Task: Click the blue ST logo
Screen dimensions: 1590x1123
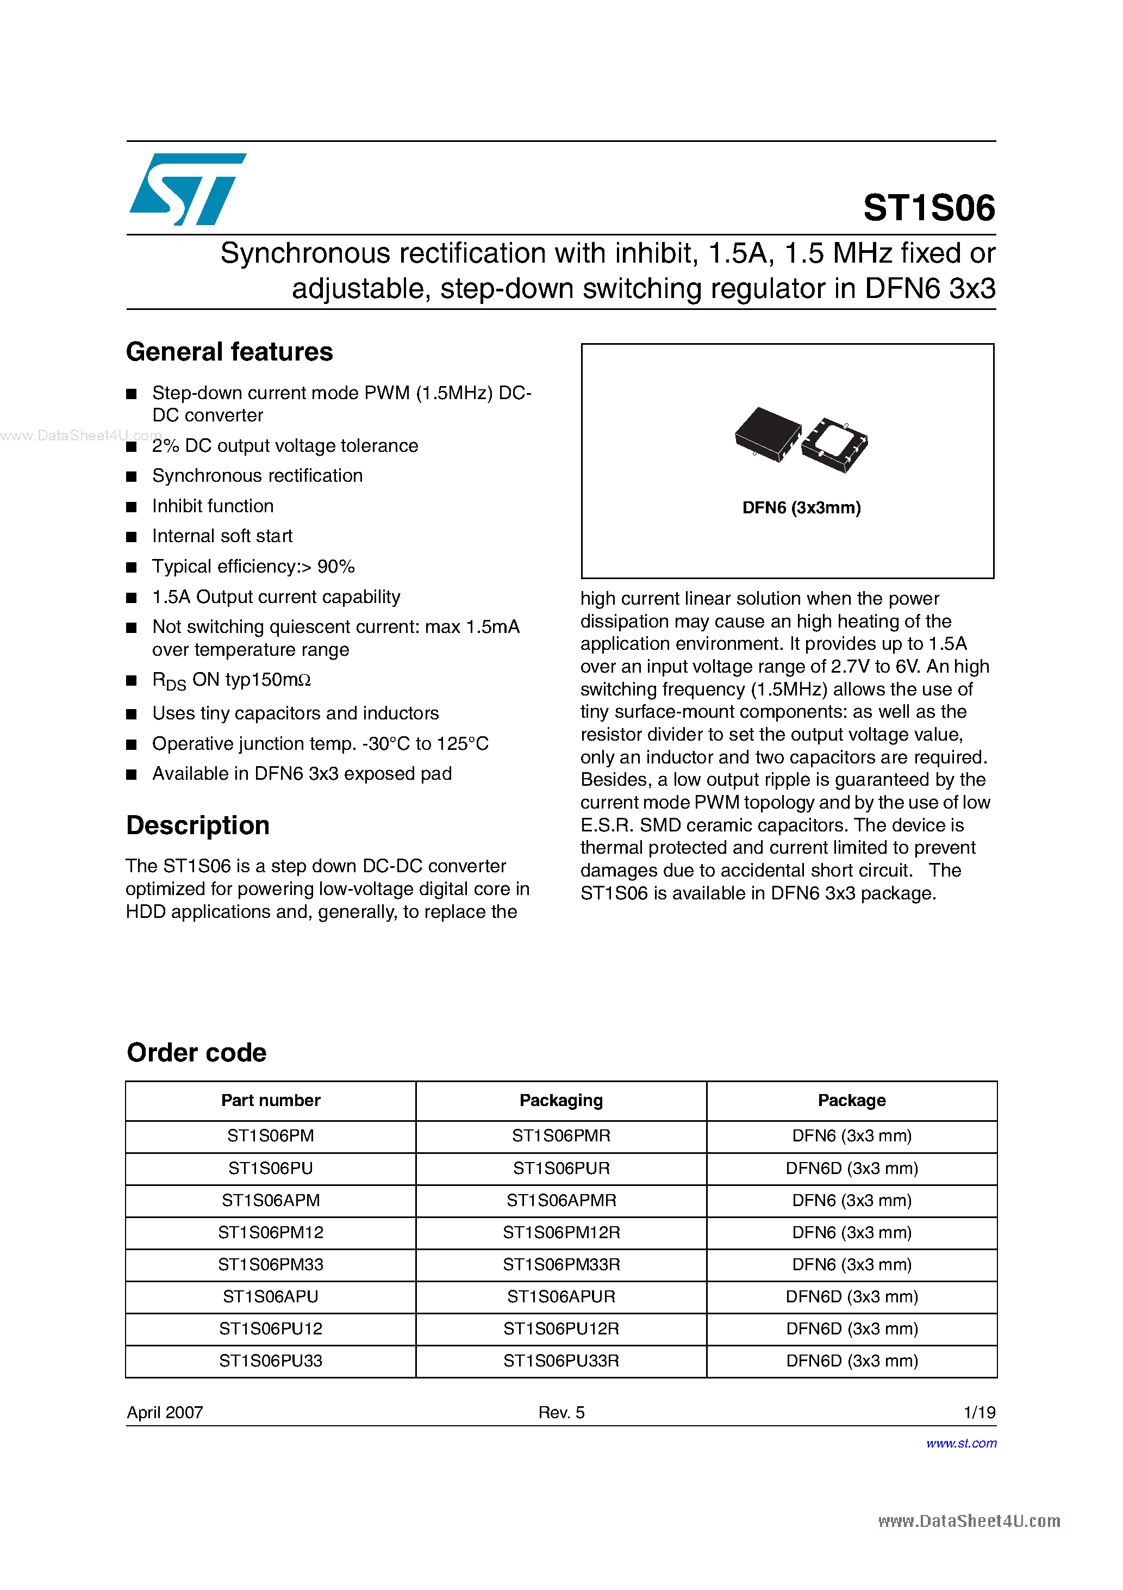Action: [187, 189]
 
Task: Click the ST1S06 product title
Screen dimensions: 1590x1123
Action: [928, 208]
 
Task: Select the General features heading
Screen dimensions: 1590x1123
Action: [229, 352]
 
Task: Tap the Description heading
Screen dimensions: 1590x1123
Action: [197, 825]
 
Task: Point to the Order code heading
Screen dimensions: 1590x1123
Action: [197, 1053]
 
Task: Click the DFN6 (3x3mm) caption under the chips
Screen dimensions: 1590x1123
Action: [801, 507]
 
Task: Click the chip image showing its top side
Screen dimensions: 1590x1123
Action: [767, 433]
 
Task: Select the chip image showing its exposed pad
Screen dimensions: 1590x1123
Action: [835, 445]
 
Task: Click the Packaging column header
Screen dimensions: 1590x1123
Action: [561, 1101]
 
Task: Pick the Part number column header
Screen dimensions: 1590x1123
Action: [271, 1101]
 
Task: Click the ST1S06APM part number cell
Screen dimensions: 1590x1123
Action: [271, 1200]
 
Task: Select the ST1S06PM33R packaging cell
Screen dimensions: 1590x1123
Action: [561, 1264]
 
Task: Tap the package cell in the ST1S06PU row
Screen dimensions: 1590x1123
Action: [852, 1168]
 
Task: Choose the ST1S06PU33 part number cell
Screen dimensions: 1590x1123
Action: [271, 1361]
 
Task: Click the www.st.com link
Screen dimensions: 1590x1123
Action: [961, 1443]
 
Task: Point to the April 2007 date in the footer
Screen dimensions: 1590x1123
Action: [165, 1412]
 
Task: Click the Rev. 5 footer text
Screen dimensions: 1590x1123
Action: [561, 1412]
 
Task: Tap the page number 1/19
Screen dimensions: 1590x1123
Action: [979, 1412]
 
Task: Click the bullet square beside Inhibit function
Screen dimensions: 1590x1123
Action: [132, 507]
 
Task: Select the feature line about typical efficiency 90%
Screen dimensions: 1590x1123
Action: [253, 567]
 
